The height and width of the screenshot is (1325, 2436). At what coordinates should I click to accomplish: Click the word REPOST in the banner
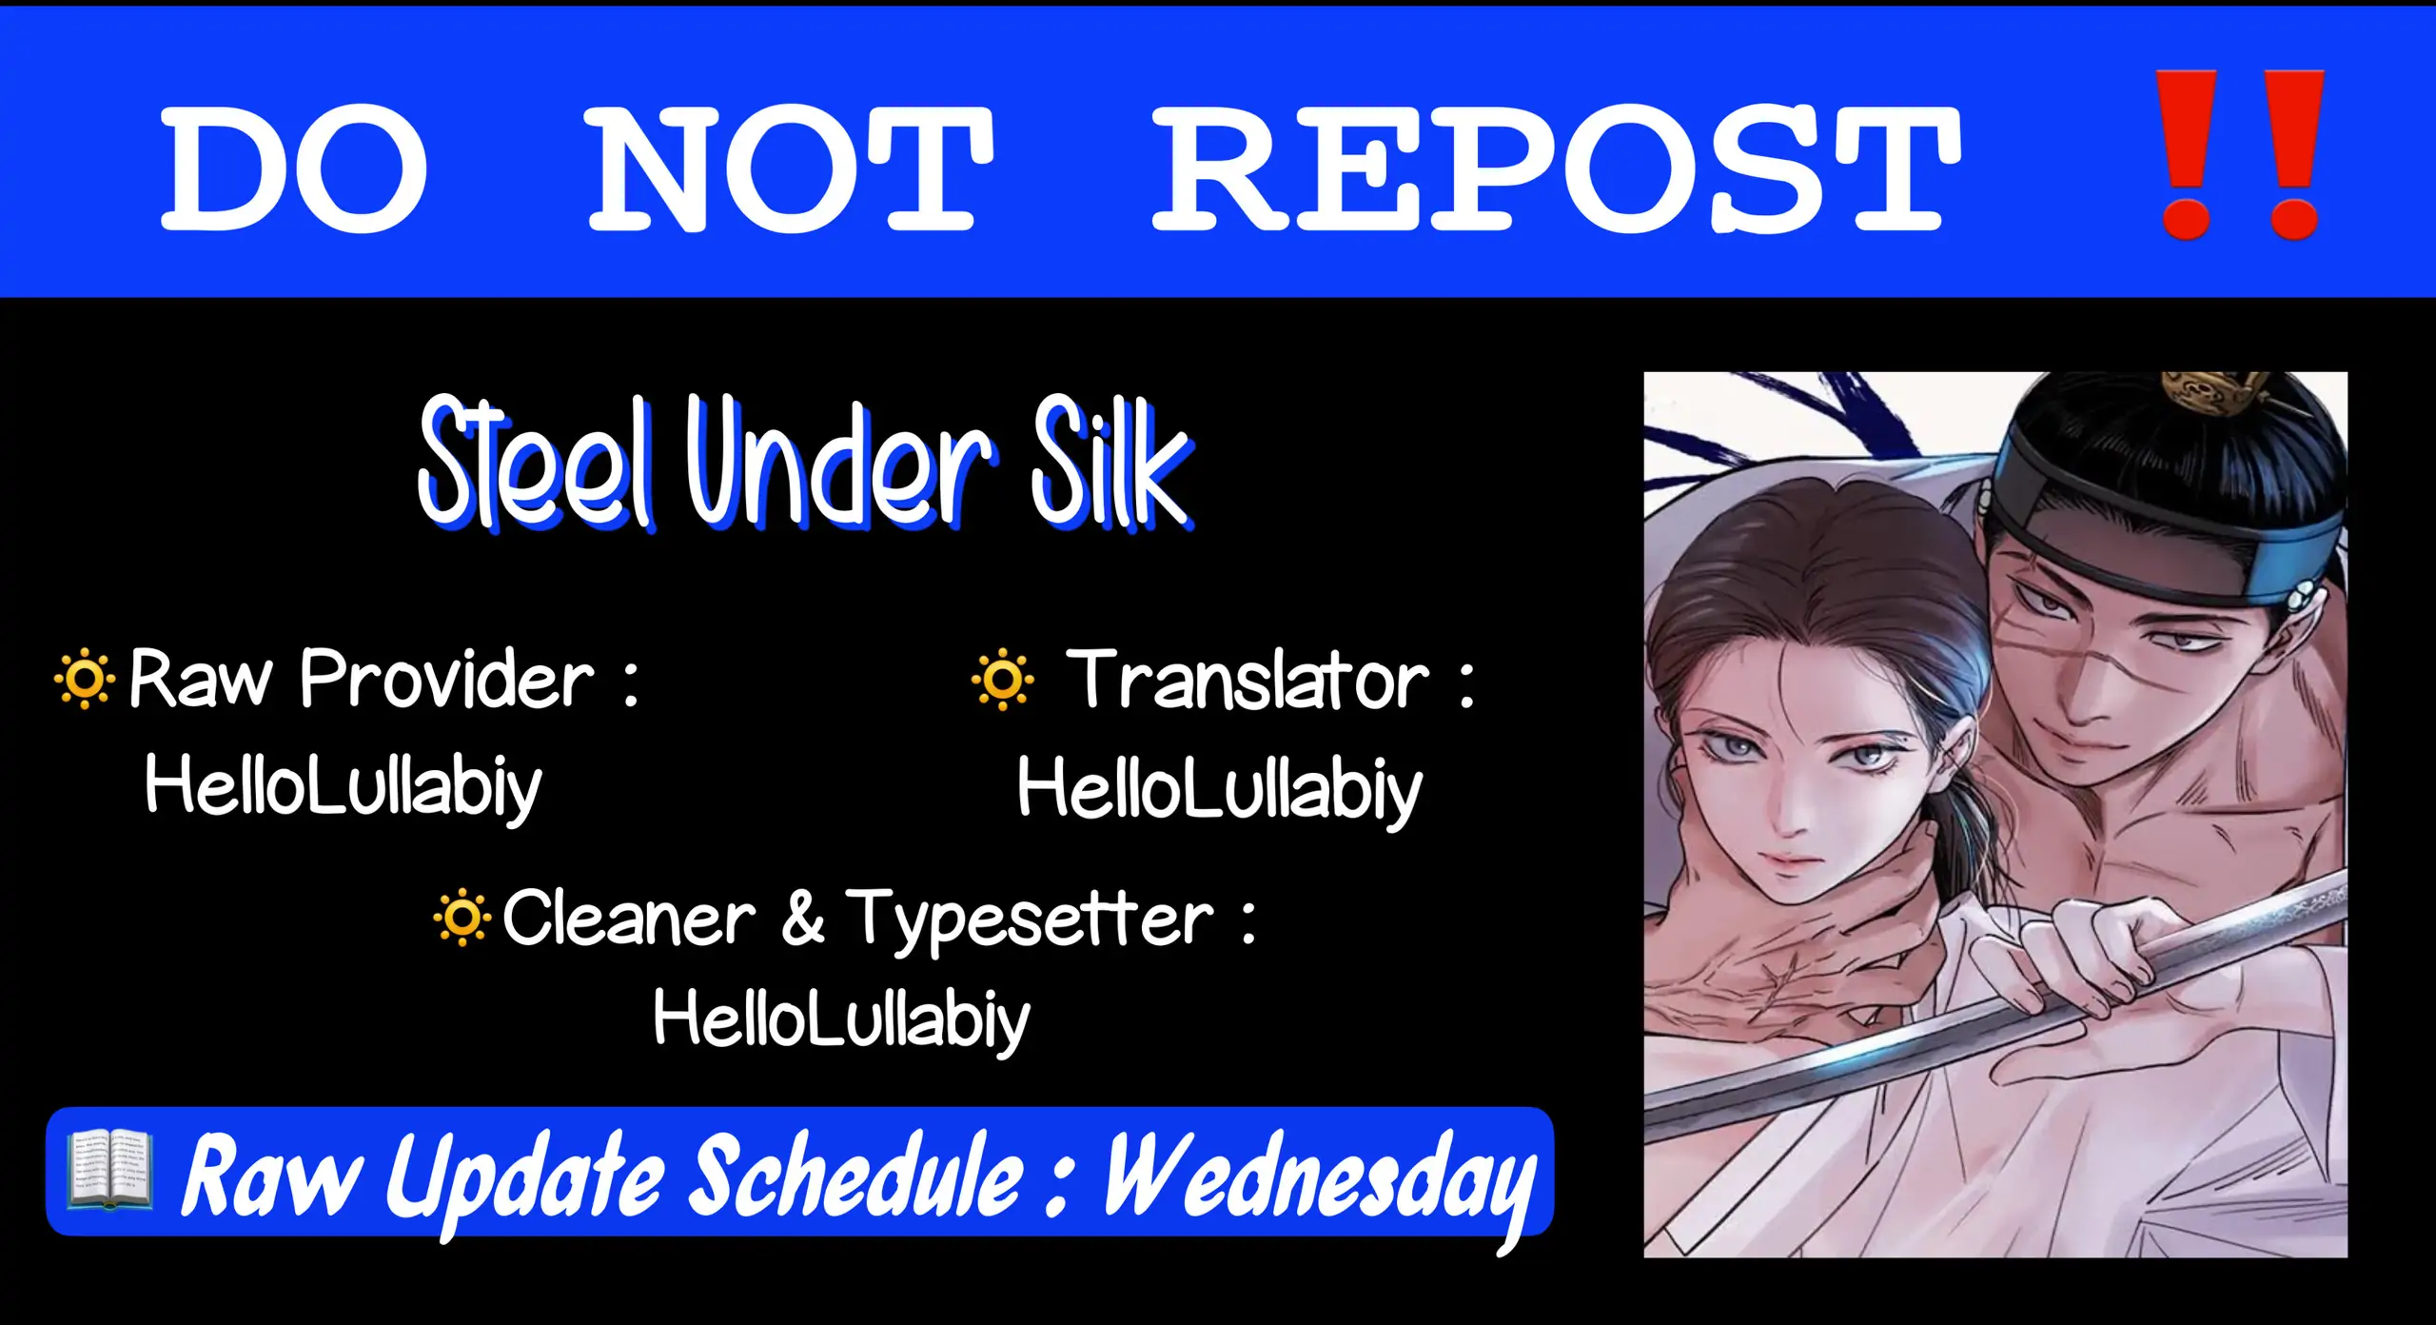(x=1557, y=168)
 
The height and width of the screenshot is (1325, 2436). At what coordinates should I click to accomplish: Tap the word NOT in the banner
(x=792, y=168)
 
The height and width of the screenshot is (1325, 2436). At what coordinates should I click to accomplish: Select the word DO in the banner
(x=294, y=168)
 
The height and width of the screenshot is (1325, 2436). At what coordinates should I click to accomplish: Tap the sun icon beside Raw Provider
(x=84, y=679)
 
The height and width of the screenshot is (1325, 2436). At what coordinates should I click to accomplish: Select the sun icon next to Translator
(x=1002, y=680)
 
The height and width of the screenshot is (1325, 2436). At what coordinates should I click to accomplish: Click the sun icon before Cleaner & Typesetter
(x=462, y=918)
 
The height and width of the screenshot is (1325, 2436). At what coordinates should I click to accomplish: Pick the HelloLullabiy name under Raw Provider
(x=343, y=786)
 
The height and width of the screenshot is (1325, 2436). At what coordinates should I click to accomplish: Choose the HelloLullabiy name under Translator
(x=1219, y=790)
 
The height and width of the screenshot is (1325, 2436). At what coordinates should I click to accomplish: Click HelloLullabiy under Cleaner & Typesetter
(x=841, y=1018)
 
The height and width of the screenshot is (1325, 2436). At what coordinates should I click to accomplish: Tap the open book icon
(x=108, y=1170)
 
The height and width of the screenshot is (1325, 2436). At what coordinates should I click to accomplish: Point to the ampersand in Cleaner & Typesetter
(x=802, y=918)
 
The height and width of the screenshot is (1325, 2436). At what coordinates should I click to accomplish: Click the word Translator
(x=1247, y=679)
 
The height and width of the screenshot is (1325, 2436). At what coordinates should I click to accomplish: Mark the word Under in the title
(x=841, y=464)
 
